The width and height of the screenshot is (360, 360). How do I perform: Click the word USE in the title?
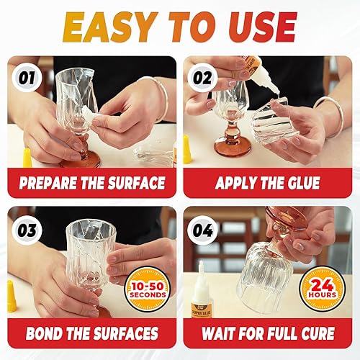pos(257,26)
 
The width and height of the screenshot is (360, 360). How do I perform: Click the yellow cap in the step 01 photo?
pos(27,158)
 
